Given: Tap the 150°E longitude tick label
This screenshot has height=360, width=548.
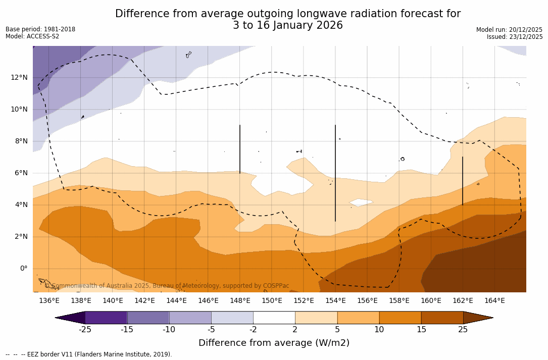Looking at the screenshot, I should (x=272, y=301).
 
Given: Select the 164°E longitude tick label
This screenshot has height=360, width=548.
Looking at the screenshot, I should (x=494, y=301).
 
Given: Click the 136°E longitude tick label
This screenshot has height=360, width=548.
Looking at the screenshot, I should (x=49, y=301).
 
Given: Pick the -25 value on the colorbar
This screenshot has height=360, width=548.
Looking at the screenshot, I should (x=85, y=330).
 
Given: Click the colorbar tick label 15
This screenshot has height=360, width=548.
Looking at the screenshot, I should (x=421, y=330).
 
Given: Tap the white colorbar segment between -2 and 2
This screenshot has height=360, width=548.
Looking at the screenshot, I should (x=274, y=318).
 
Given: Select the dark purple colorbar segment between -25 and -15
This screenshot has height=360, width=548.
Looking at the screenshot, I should (x=106, y=318).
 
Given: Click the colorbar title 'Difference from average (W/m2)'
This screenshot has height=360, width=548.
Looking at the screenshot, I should (x=274, y=343).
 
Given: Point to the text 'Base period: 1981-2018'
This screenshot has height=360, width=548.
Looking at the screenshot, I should (x=40, y=29).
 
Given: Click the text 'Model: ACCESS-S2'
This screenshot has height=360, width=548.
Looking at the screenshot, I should (x=32, y=36).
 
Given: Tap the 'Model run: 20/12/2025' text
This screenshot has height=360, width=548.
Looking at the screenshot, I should (x=509, y=30).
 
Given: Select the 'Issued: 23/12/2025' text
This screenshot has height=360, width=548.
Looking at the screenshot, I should (x=515, y=37).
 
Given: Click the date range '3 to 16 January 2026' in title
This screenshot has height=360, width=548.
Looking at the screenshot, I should (x=287, y=25).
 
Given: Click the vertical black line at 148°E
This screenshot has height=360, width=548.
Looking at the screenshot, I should (x=240, y=149).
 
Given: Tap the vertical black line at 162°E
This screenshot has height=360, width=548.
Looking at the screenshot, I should (x=463, y=181).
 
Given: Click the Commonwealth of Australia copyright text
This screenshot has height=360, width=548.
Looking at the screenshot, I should (x=167, y=286).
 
